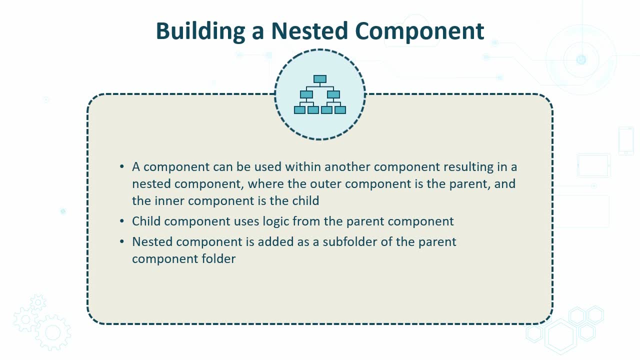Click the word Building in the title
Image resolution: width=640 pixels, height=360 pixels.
coord(200,31)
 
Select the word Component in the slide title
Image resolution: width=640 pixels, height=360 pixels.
coord(419,31)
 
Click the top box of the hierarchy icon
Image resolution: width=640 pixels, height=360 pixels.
coord(319,79)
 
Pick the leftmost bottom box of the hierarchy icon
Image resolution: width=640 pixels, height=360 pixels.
coord(299,110)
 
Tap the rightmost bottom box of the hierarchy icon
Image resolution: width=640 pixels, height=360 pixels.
coord(340,110)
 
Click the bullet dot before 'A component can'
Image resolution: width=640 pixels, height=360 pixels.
coord(122,166)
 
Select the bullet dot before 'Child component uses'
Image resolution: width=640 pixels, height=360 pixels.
coord(122,221)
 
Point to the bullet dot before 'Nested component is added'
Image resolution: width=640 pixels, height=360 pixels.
coord(122,241)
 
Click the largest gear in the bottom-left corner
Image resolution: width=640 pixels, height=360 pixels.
coord(53,332)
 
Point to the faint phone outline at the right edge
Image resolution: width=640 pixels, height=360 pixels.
coord(626,141)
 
